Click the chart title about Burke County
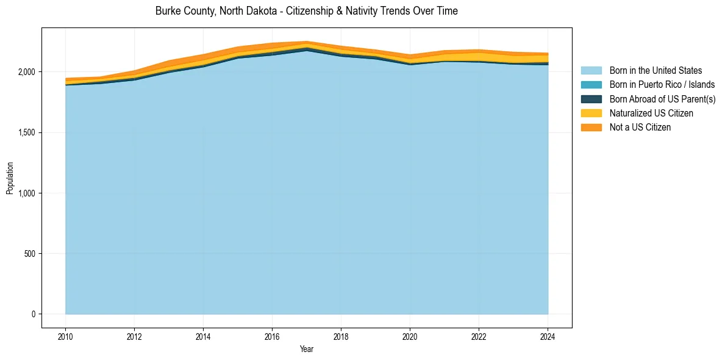point(306,11)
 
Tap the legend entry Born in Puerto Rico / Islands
point(662,85)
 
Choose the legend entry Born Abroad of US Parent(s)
point(662,99)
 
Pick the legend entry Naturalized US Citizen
point(651,113)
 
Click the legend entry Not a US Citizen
point(640,127)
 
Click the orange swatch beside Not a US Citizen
point(591,127)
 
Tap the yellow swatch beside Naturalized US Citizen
point(591,113)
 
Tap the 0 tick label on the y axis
point(34,314)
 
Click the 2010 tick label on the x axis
point(65,336)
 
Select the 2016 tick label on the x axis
point(272,336)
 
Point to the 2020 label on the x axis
point(410,336)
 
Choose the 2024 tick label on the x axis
point(548,336)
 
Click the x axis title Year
point(307,349)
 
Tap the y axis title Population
point(10,178)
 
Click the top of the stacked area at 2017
point(307,41)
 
